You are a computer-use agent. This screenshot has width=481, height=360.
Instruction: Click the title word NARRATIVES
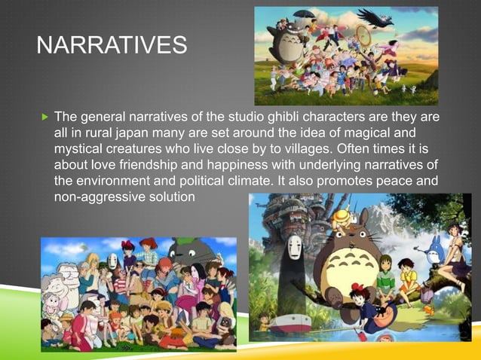[112, 46]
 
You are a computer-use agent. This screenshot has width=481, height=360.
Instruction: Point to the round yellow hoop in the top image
[363, 34]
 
